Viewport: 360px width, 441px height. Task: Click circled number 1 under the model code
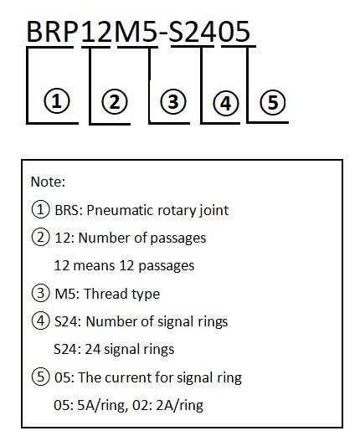(57, 100)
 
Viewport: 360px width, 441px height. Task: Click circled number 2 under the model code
(114, 102)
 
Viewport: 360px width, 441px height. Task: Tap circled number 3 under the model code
(173, 101)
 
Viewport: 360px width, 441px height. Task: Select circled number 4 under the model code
(226, 103)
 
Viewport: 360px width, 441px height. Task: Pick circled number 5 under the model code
(272, 102)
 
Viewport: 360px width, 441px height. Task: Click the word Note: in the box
(48, 182)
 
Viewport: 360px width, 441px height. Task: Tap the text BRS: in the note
(69, 210)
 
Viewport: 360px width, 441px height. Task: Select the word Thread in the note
(106, 294)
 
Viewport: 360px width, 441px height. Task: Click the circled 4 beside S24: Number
(40, 320)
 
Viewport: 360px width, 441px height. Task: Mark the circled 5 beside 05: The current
(40, 377)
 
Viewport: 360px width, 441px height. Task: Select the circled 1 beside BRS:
(40, 209)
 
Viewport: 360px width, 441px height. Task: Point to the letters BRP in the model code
(52, 32)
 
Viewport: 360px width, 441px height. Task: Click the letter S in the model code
(177, 32)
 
